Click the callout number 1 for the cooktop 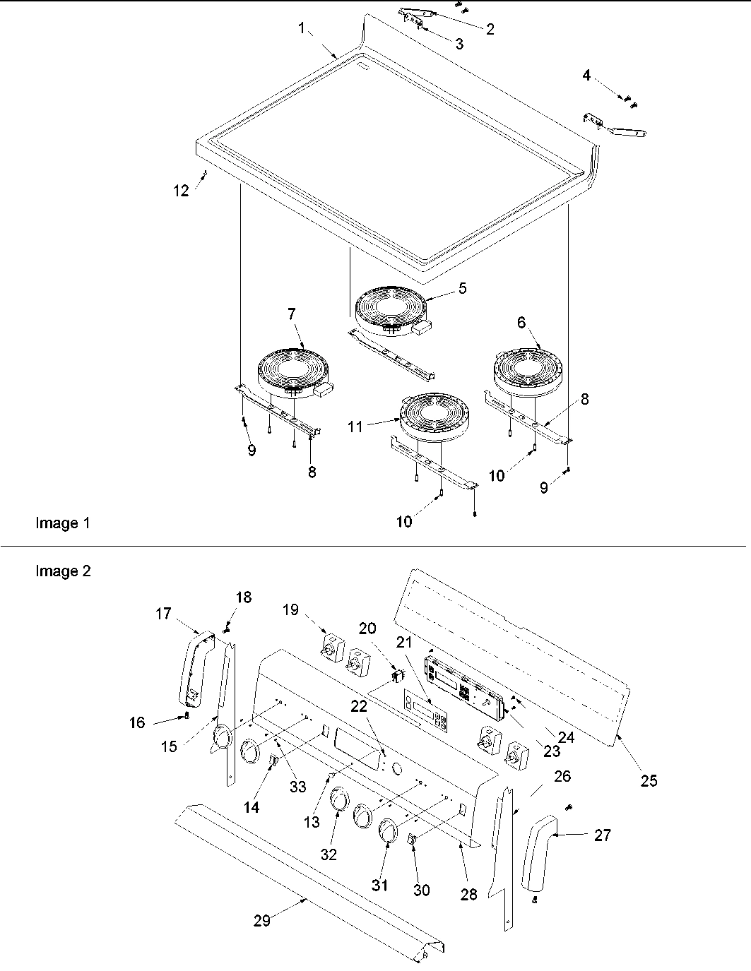tap(302, 29)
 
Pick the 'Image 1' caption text tap(63, 523)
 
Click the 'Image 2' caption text tap(63, 571)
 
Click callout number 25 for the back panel tap(648, 780)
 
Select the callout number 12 tap(182, 191)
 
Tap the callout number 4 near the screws tap(587, 75)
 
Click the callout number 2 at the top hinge tap(489, 29)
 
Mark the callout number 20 tap(367, 629)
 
